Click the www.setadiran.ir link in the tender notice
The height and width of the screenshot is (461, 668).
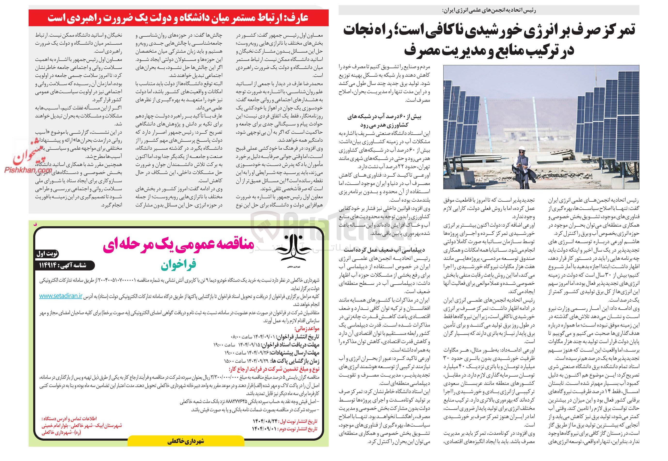pos(61,296)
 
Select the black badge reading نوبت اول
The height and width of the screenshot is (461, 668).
pos(47,254)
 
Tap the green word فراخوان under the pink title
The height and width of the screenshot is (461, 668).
pos(178,264)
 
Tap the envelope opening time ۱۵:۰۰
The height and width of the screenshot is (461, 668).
pos(229,361)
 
